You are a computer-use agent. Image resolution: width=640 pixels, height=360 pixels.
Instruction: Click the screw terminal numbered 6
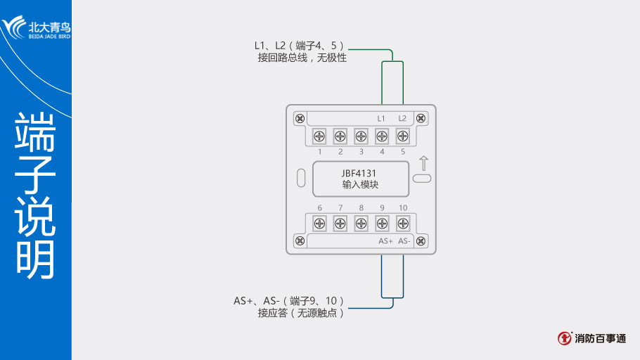point(319,224)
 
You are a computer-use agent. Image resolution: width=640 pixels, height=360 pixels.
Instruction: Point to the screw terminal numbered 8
point(361,224)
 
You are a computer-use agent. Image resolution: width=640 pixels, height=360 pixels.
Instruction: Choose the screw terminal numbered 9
point(382,224)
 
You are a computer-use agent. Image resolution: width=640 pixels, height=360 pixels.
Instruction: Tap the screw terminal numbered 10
point(403,224)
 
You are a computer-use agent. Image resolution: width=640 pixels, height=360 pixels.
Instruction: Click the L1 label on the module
point(382,118)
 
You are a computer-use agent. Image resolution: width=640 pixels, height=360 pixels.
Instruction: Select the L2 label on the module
point(403,118)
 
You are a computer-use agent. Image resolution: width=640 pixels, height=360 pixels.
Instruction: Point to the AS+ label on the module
point(385,240)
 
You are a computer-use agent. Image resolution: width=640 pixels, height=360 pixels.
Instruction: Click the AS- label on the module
point(404,240)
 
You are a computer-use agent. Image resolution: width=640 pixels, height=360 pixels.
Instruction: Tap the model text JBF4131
point(360,172)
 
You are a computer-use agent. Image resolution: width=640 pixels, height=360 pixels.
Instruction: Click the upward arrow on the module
point(422,164)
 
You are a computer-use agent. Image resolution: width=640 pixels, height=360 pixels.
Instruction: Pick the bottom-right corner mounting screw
point(421,240)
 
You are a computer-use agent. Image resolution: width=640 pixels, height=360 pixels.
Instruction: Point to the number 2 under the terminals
point(340,151)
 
